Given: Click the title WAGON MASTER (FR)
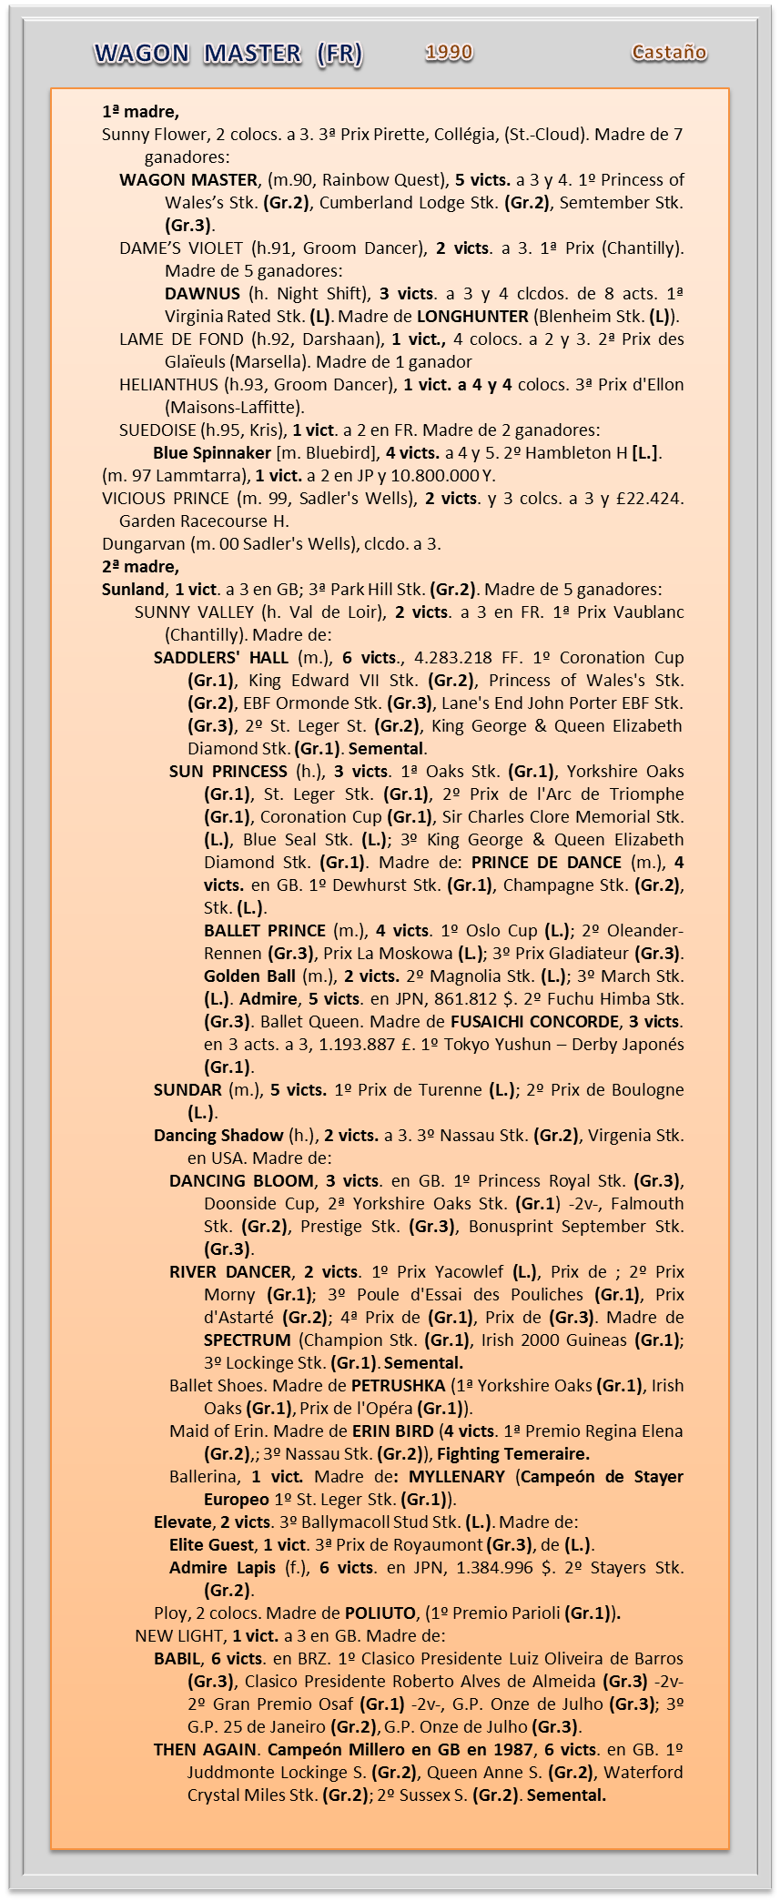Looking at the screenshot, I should [228, 55].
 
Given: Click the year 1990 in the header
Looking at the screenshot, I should [449, 53].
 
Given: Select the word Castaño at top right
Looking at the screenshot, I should [669, 53].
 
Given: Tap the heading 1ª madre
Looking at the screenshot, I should [140, 112].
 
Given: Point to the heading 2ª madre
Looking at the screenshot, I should [140, 567].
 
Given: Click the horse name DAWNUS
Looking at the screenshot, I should [202, 294].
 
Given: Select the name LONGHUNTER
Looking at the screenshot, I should [472, 317].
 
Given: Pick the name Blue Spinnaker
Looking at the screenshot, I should [212, 453].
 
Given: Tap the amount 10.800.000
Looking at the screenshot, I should [426, 476].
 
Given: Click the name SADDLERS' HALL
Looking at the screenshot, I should [221, 658].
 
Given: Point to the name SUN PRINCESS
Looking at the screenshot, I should [228, 772].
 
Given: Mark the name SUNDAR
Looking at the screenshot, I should [187, 1090].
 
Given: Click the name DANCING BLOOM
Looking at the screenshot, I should [241, 1181].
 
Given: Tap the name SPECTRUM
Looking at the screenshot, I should [248, 1340].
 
